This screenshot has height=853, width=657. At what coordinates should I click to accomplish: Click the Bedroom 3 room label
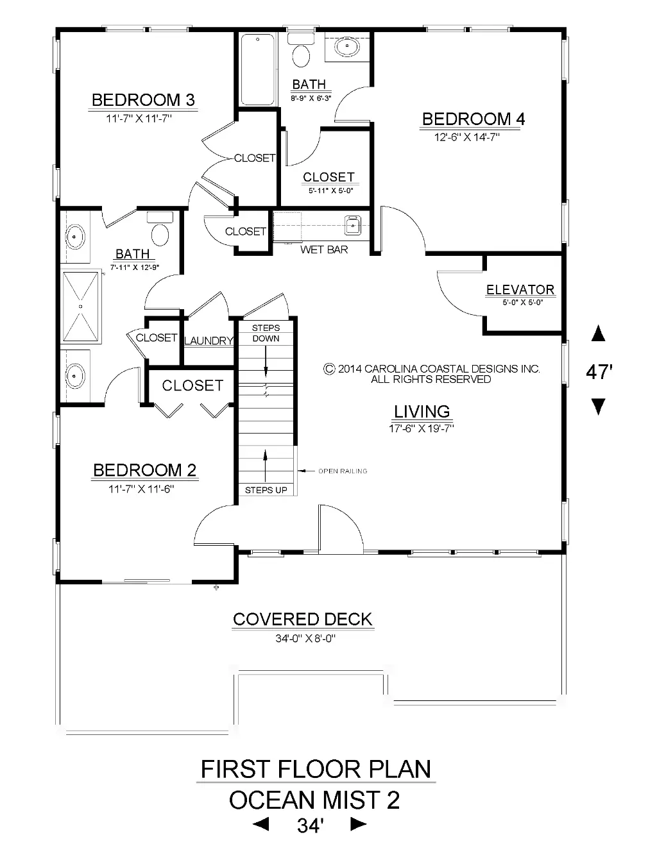(143, 99)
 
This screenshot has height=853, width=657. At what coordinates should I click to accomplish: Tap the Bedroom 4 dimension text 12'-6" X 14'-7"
(466, 137)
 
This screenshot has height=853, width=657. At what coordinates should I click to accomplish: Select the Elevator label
(520, 289)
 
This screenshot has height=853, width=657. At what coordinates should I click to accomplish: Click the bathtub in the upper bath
(258, 69)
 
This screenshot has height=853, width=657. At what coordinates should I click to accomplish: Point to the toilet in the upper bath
(301, 51)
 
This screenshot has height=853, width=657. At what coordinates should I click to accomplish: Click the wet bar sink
(353, 225)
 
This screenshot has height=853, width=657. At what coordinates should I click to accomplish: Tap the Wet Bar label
(324, 249)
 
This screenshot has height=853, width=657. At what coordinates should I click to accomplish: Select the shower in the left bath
(81, 306)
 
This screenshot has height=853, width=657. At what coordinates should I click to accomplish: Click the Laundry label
(209, 341)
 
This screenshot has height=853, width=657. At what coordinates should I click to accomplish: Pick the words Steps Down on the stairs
(266, 333)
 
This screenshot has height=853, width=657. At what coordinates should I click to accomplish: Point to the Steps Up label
(266, 490)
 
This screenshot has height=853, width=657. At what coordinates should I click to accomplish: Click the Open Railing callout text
(343, 471)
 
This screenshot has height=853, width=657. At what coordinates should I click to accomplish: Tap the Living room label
(422, 412)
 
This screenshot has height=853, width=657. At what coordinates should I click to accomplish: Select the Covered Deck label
(302, 620)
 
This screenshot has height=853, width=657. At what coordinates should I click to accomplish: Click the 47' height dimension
(599, 372)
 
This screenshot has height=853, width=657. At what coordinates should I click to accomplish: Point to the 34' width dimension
(311, 825)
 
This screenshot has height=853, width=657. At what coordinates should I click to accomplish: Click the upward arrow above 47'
(598, 333)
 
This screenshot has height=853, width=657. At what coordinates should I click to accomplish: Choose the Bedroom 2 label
(144, 470)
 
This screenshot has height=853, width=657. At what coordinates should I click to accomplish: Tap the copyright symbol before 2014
(329, 369)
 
